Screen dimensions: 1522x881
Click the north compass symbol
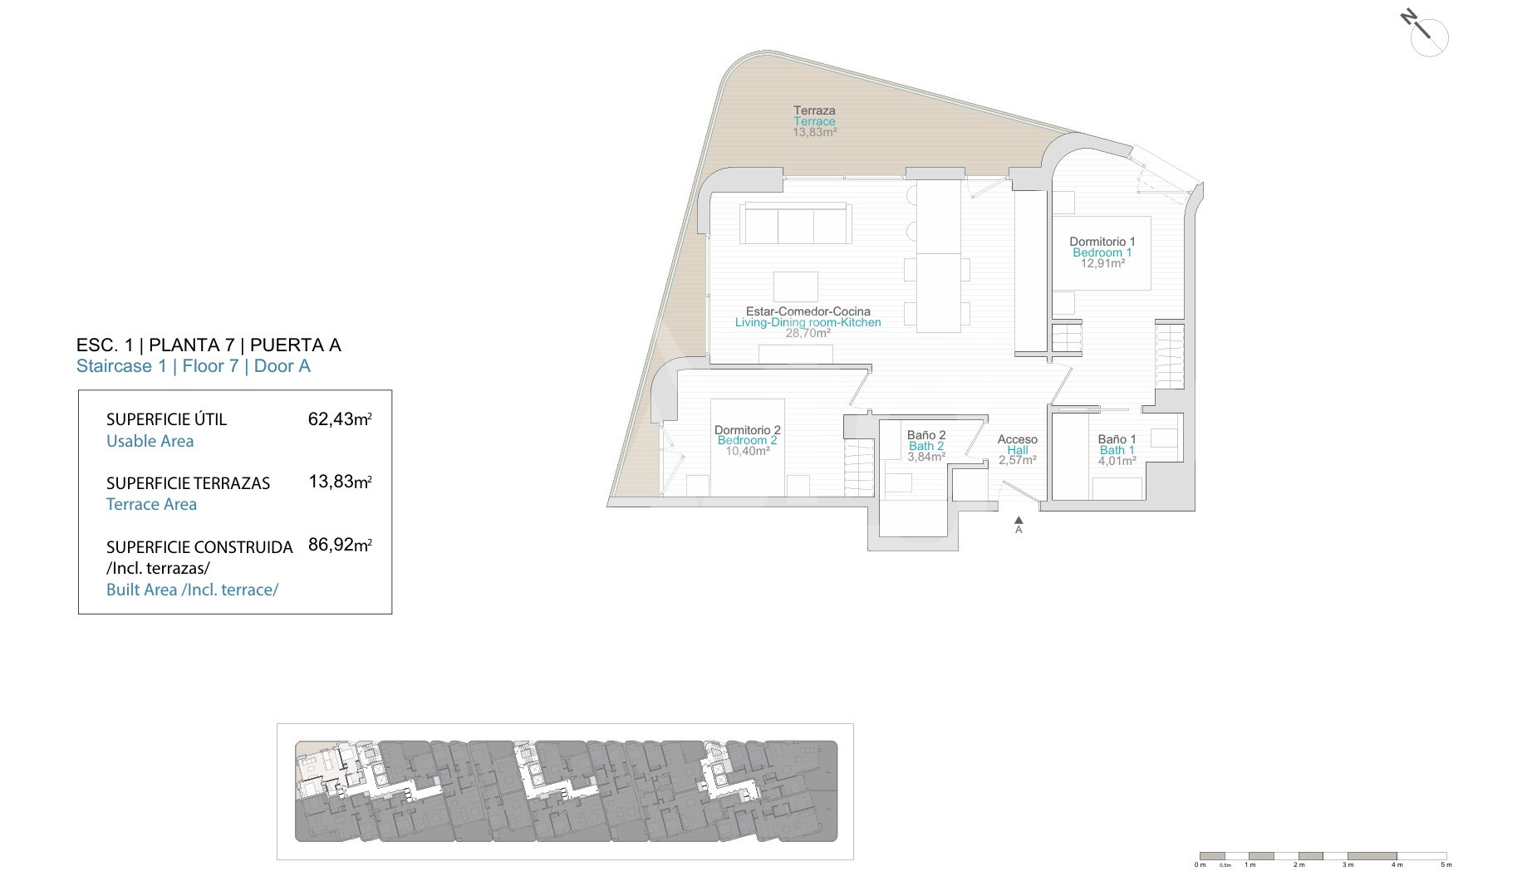pos(1426,33)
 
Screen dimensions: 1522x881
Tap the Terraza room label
pos(814,110)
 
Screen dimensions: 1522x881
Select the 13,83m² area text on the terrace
pos(814,132)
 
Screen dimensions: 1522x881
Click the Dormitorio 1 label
pos(1102,242)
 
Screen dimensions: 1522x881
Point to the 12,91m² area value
pos(1102,263)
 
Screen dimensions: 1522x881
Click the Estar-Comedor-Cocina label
pos(808,311)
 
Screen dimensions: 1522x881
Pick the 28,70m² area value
pos(808,333)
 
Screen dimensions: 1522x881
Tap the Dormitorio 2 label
pos(748,430)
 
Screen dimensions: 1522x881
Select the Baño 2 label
pos(926,435)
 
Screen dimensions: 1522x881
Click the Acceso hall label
pos(1018,439)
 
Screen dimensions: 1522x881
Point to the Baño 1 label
pos(1117,439)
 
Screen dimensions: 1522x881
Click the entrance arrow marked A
pos(1019,525)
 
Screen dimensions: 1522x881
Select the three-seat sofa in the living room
pos(796,223)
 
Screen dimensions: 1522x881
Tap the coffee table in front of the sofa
pos(795,286)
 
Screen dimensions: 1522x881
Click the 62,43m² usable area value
pos(340,419)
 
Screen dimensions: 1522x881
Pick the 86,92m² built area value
pos(340,546)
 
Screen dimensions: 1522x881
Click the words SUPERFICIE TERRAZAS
pos(188,483)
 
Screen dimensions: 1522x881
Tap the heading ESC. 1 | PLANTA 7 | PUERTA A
pos(209,345)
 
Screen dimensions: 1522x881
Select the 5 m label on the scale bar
pos(1446,865)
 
